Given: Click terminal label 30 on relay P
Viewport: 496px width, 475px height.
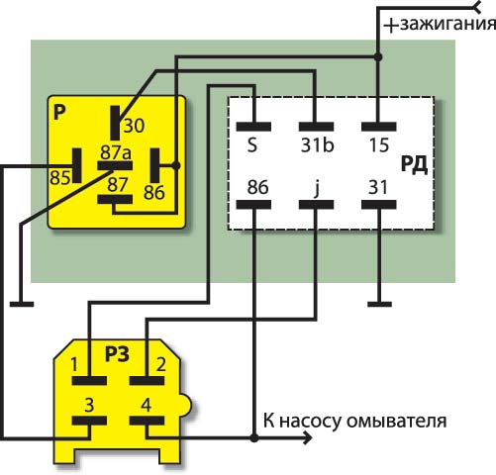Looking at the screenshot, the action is pos(134,126).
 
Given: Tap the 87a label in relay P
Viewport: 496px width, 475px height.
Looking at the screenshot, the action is pos(116,152).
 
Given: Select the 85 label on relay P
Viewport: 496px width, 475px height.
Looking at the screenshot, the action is pos(60,178).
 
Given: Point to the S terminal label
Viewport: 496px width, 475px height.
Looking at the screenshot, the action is pos(252,145).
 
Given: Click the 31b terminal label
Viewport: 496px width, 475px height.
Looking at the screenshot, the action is pos(317,145).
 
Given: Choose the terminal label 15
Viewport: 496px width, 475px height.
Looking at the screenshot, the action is pos(379,145).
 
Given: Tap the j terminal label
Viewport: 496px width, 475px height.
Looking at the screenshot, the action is pos(316,188).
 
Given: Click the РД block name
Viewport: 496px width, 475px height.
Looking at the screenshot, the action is pos(414,164).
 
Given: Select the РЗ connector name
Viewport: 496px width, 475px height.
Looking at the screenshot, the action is pos(117,354).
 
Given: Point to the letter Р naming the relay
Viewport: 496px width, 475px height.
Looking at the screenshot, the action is pos(59,113).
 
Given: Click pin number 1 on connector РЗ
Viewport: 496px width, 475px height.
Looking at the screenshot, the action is pos(74,365).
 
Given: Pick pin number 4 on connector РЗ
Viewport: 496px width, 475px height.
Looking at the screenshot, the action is pos(146,405).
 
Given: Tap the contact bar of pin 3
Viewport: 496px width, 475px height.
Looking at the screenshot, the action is pos(89,421).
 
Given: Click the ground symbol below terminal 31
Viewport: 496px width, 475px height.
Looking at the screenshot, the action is pos(379,304).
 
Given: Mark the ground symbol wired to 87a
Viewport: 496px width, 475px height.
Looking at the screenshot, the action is pos(22,304).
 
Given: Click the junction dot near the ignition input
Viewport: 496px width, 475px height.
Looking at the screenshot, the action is pos(378,57).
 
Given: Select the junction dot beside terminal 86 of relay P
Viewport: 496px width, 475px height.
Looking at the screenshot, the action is pos(176,165).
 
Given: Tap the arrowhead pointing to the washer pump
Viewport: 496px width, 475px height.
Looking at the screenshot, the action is pos(308,438).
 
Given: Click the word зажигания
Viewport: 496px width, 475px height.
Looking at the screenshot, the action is pos(448,24).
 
